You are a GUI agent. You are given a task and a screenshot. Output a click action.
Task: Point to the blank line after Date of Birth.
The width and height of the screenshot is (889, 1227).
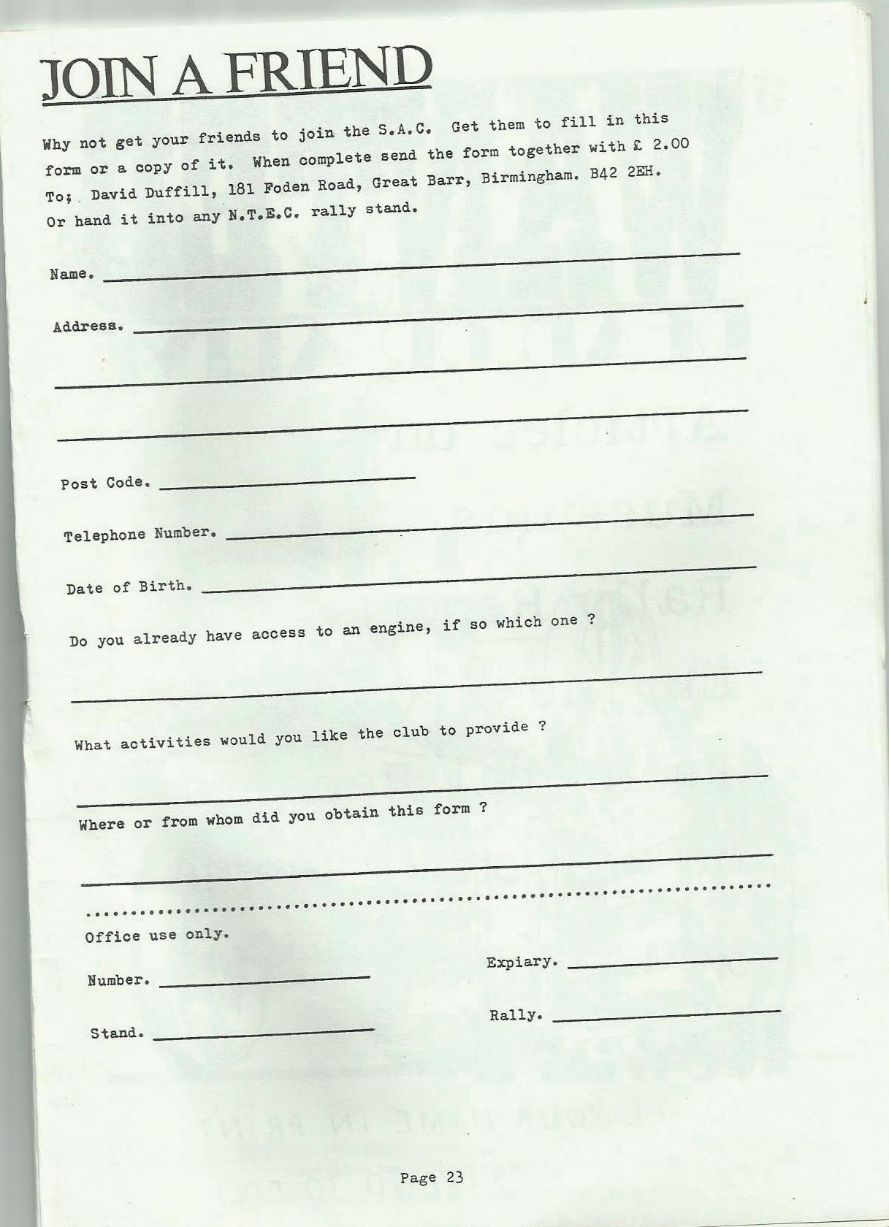point(478,579)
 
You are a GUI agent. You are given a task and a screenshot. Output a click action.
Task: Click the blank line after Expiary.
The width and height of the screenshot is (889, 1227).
point(672,963)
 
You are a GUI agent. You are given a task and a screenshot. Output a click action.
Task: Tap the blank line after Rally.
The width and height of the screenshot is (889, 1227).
point(666,1015)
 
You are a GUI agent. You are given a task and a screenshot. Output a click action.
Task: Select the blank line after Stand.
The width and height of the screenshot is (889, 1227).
point(263,1033)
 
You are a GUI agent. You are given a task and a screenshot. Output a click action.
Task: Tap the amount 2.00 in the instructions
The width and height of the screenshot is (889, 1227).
point(670,144)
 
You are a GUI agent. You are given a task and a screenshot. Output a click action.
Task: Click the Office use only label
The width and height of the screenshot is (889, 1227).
point(157,936)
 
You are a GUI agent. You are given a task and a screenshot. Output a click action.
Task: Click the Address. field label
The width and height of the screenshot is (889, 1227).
point(88,326)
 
